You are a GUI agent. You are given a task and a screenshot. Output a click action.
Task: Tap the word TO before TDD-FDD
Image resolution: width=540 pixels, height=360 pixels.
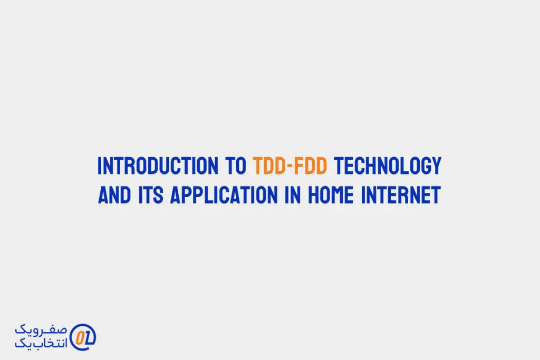point(236,166)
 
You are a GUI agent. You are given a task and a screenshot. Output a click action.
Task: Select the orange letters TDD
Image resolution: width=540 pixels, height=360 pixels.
point(268,166)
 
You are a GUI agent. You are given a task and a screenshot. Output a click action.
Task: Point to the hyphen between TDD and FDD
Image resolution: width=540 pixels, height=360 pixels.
point(291,167)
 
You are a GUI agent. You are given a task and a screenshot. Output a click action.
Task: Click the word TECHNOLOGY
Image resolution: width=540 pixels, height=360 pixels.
point(388,166)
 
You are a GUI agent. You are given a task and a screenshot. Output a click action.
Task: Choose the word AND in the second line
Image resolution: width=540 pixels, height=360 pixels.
point(114,195)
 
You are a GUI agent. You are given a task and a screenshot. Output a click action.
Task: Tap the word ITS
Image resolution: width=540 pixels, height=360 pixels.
point(150,195)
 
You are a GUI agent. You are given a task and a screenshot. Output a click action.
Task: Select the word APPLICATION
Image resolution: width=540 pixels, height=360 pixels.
point(224,195)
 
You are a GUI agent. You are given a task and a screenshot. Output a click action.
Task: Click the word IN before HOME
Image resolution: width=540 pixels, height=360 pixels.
point(293,195)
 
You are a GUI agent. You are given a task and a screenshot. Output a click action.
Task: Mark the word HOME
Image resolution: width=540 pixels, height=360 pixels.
point(331,195)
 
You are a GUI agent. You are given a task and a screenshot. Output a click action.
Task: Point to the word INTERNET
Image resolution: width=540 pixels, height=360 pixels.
point(401,195)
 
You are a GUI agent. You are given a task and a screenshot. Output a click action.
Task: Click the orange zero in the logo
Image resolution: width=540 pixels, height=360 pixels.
point(80,338)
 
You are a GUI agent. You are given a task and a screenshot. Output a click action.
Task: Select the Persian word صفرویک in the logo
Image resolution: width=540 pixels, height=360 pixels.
point(41,329)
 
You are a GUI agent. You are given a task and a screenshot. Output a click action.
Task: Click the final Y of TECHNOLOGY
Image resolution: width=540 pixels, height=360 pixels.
point(437,166)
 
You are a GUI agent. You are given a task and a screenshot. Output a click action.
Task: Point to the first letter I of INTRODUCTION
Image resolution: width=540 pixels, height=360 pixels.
point(100,166)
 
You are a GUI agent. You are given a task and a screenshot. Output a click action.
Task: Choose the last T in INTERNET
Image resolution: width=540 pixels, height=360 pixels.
point(436,195)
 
